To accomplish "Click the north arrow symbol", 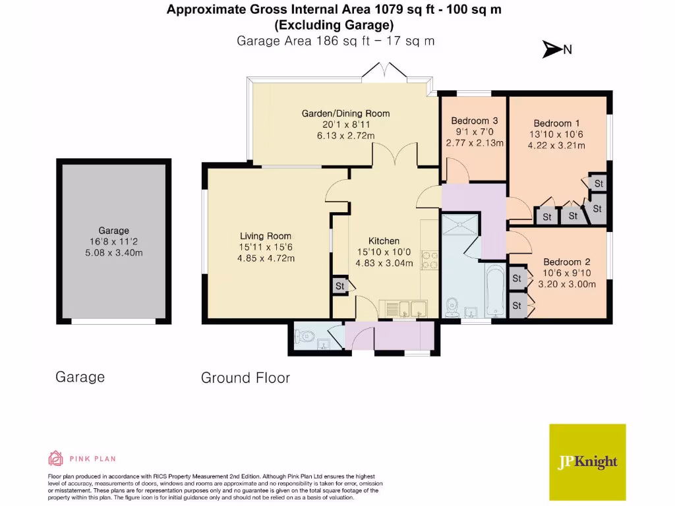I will (x=550, y=49).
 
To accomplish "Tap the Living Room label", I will (x=265, y=236).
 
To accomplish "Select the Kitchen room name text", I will (x=384, y=240).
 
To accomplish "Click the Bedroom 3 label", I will (x=474, y=121).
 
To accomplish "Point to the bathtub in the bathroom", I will (x=495, y=291).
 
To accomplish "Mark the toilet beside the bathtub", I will (x=453, y=307).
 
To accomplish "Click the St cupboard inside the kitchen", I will (x=340, y=286).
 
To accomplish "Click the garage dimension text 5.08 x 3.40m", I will (x=113, y=252).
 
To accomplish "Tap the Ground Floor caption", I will (x=245, y=378).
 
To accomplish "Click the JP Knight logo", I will (x=587, y=461).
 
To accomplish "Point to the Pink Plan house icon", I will (x=56, y=458).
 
